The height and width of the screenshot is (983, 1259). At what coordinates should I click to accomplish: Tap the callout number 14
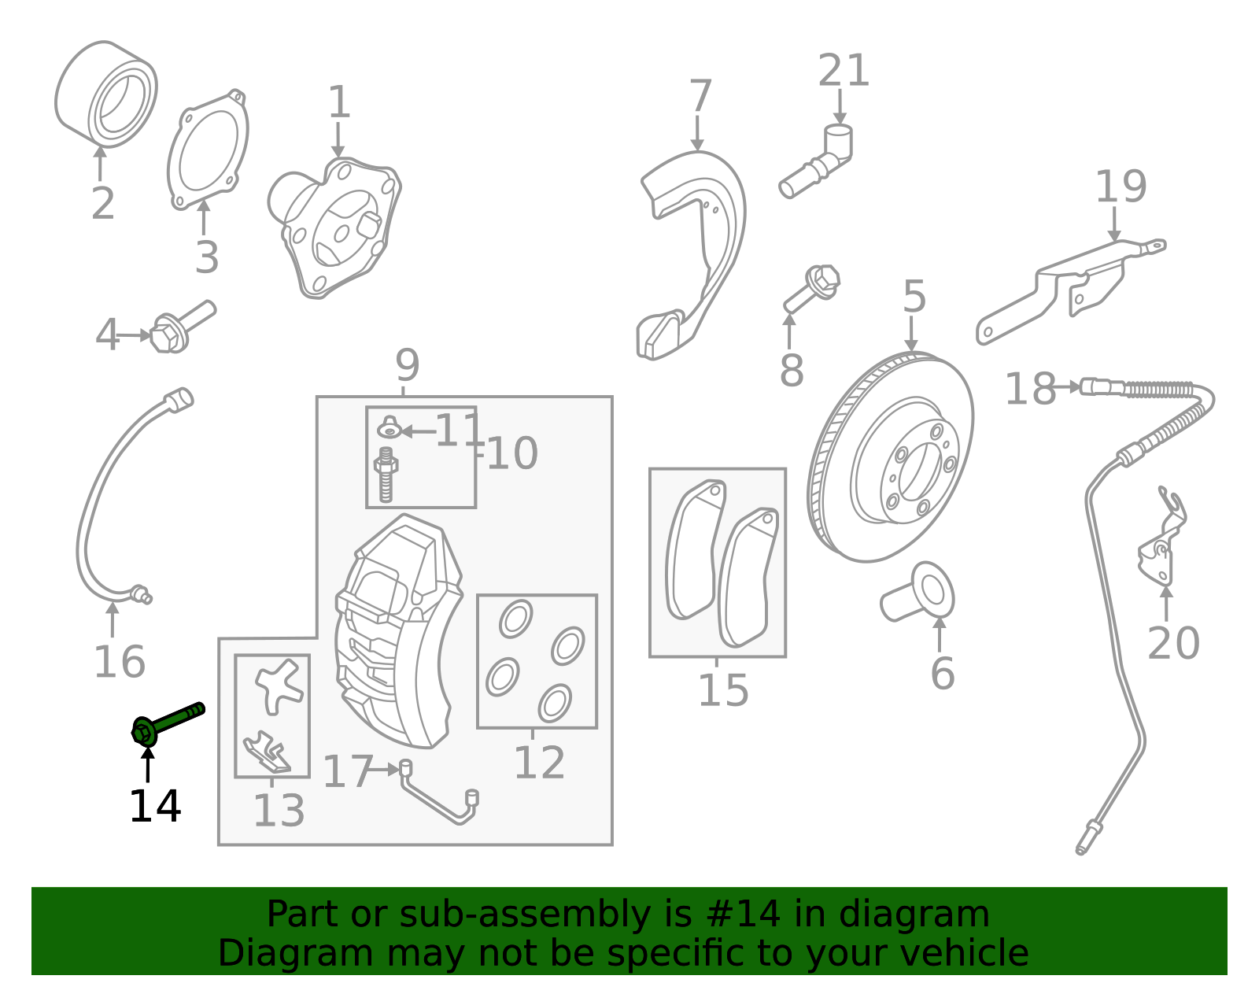click(x=155, y=806)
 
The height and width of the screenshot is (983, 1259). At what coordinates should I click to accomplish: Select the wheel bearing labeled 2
click(x=106, y=94)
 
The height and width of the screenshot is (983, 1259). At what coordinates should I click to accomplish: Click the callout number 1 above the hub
click(x=338, y=103)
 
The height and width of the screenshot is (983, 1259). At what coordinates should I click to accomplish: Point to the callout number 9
click(x=407, y=365)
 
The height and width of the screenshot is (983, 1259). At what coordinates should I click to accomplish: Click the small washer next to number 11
click(x=389, y=429)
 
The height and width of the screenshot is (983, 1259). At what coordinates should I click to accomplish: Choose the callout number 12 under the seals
click(x=539, y=762)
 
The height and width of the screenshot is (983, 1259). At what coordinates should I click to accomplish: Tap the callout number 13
click(x=279, y=810)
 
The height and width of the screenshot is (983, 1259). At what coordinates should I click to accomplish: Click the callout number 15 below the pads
click(x=723, y=690)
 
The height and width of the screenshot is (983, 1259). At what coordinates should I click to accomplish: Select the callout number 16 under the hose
click(x=120, y=661)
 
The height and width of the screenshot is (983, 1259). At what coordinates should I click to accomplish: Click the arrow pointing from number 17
click(x=386, y=769)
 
